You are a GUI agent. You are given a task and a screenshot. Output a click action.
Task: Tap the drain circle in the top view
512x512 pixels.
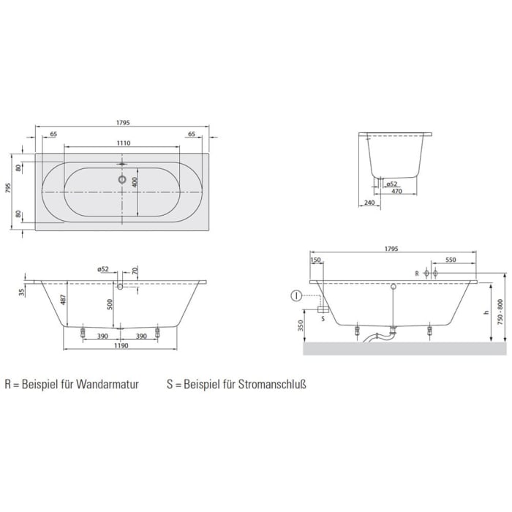122,178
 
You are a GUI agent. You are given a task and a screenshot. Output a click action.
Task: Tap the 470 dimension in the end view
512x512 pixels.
396,192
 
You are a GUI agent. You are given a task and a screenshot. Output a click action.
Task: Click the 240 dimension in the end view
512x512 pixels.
369,203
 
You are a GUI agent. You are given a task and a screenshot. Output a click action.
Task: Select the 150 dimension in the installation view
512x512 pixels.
316,260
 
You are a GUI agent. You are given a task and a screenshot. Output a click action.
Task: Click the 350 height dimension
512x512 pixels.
301,325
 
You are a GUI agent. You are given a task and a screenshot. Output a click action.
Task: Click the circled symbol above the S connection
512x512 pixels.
295,295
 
